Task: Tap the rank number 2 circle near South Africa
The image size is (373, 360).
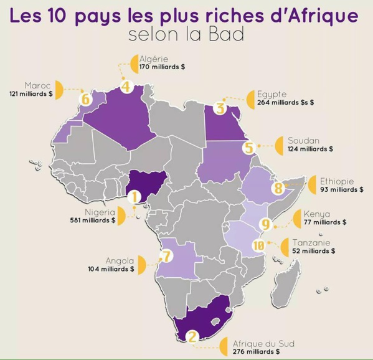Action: [x=192, y=338]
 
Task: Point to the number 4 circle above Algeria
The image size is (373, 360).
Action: [x=126, y=87]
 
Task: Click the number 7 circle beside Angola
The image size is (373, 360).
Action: [x=166, y=255]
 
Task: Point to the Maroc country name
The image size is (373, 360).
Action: [x=37, y=85]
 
